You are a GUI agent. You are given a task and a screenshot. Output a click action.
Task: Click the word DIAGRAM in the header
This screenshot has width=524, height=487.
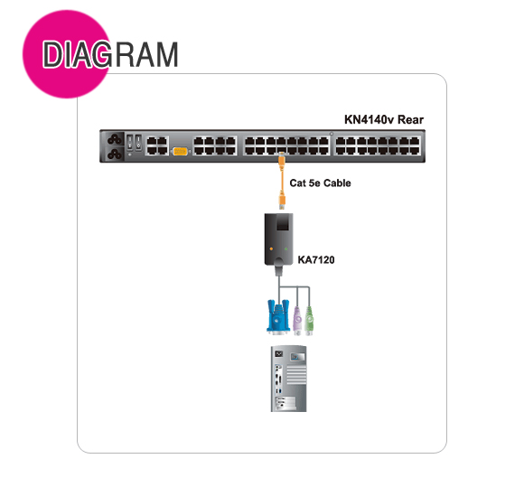[x=110, y=54]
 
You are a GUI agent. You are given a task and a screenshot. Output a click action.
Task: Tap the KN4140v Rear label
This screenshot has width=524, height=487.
[x=384, y=119]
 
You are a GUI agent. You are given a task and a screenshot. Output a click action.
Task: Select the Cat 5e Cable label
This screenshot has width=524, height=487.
[x=320, y=183]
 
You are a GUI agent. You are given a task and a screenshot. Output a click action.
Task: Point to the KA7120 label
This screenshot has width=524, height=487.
[x=316, y=259]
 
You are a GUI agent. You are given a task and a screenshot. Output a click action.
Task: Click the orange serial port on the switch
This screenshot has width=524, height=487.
[x=180, y=152]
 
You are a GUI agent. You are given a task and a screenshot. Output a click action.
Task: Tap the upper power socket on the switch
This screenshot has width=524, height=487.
[x=115, y=138]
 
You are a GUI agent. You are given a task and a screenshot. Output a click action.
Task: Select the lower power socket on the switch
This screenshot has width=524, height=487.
[x=115, y=154]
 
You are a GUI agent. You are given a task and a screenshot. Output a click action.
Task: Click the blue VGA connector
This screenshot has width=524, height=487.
[x=278, y=317]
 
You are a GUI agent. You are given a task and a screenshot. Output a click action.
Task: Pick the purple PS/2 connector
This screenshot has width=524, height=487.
[x=297, y=321]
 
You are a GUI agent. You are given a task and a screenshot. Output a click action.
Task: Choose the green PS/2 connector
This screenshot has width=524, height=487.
[x=309, y=321]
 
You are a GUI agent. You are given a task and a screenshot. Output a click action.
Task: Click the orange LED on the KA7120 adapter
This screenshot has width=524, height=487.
[x=271, y=248]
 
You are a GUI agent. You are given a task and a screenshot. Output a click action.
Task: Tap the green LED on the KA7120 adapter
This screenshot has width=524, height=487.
[x=286, y=248]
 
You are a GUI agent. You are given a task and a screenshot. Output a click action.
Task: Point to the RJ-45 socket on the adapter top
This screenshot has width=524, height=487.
[x=283, y=223]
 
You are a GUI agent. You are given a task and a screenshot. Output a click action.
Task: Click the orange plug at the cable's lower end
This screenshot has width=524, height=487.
[x=283, y=202]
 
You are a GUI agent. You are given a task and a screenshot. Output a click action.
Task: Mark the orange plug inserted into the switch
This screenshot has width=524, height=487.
[x=281, y=158]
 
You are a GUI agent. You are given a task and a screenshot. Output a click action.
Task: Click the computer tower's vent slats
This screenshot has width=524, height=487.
[x=296, y=374]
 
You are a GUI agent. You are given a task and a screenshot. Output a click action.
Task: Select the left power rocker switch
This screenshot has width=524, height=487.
[x=130, y=142]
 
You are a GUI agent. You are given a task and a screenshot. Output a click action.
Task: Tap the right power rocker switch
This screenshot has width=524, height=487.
[x=138, y=142]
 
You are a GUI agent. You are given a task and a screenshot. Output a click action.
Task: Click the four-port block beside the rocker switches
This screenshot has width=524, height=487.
[x=157, y=145]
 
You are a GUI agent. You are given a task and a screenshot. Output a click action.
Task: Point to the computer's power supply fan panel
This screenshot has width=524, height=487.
[x=297, y=357]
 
